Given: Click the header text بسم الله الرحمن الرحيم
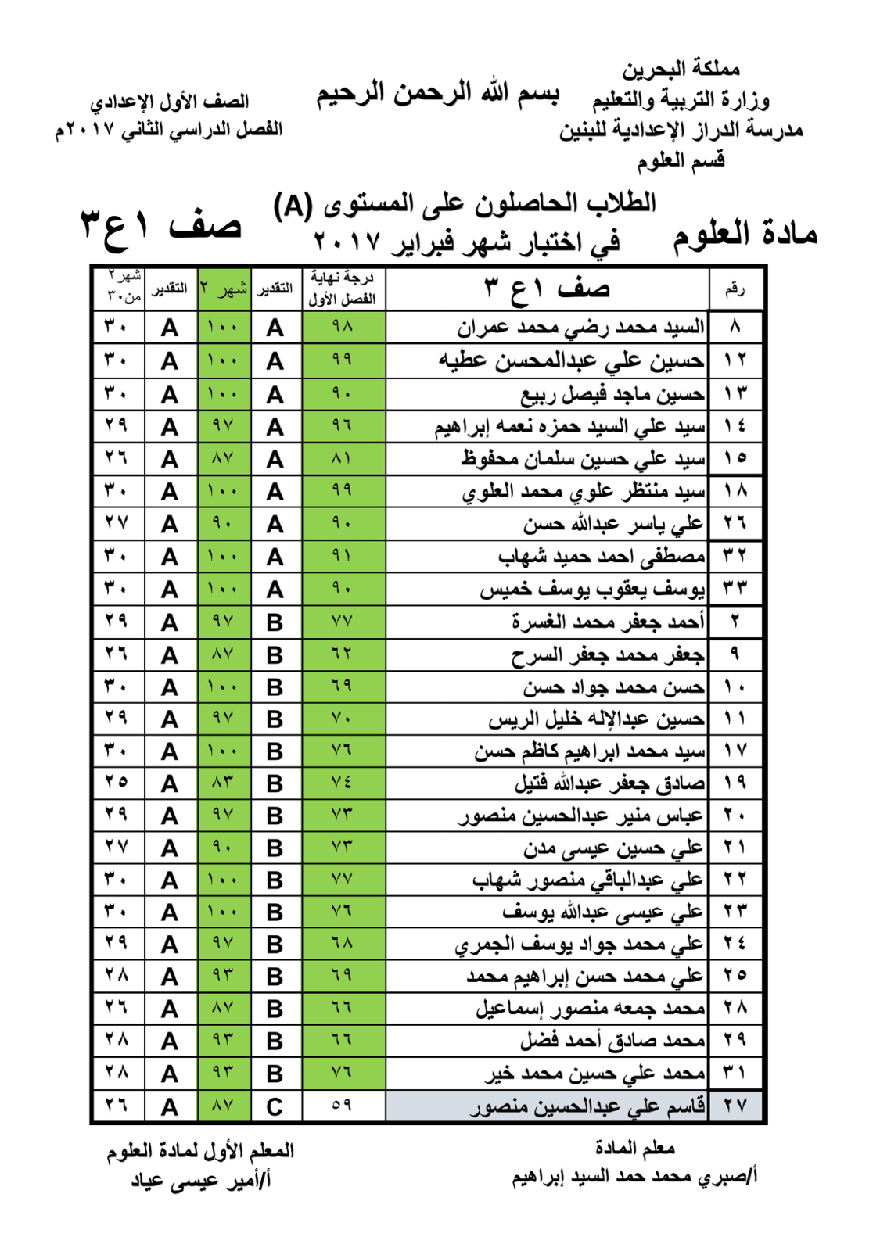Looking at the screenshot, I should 437,94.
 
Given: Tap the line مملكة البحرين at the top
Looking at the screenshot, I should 681,70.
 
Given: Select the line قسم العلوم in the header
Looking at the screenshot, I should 680,161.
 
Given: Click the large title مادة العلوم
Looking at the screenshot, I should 745,234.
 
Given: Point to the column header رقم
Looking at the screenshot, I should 735,289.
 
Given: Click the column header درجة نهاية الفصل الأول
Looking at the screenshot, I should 343,289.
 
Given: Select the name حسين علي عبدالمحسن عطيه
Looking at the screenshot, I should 570,360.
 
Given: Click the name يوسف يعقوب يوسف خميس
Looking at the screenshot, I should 592,589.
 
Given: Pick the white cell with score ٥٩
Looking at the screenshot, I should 343,1106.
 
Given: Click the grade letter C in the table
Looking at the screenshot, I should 275,1106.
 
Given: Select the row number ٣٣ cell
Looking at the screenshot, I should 735,589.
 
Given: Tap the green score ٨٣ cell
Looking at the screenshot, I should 223,783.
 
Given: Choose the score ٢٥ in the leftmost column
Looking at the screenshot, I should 117,783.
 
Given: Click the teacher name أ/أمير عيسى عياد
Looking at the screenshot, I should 201,1180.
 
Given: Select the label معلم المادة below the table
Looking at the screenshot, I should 634,1148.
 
